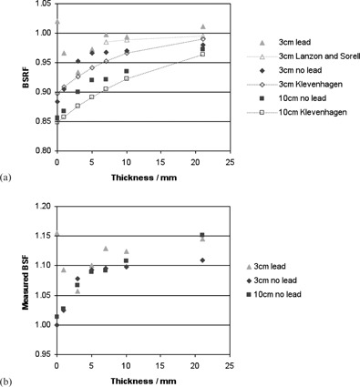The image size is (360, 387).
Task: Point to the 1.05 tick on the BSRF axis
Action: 39,5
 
